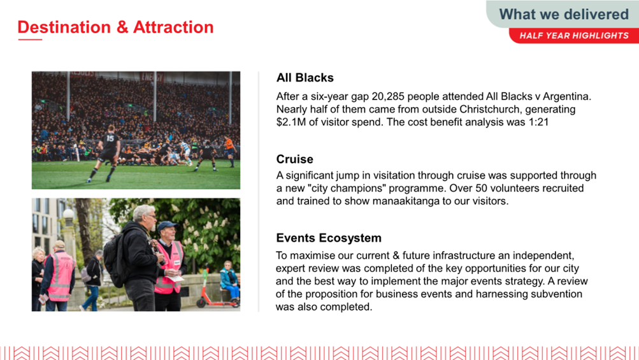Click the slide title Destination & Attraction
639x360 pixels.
116,27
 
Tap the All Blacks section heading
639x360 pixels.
305,78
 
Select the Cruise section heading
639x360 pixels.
294,159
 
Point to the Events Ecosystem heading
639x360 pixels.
329,238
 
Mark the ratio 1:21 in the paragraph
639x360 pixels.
538,122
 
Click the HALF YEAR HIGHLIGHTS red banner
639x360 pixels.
574,36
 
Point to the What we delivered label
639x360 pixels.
564,14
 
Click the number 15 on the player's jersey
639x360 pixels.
110,138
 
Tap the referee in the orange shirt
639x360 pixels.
229,150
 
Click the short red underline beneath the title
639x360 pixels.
30,40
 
